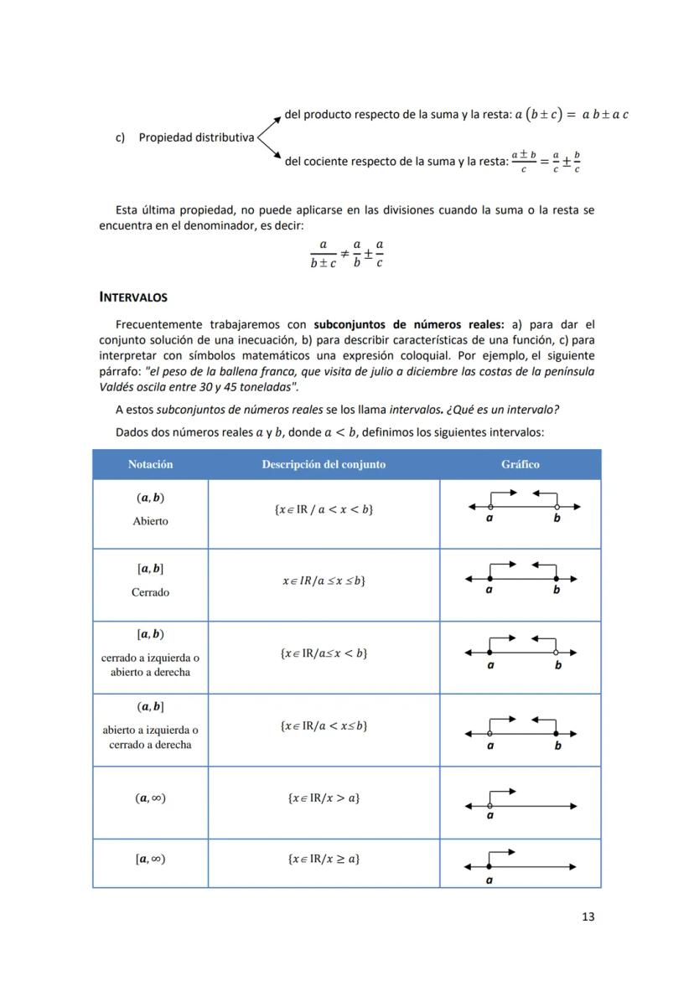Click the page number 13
click(588, 916)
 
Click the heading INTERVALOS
click(133, 297)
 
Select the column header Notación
click(150, 464)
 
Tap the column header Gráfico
click(520, 464)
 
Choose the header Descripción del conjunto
click(324, 464)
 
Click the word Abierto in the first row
click(150, 521)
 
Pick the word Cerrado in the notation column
click(150, 592)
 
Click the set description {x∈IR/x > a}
click(324, 798)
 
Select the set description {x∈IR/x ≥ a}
click(324, 859)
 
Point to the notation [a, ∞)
click(150, 859)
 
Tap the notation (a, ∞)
click(150, 798)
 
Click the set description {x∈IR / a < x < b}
click(324, 509)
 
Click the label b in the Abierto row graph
click(557, 519)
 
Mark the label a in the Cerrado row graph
click(489, 590)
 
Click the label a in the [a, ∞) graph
click(489, 880)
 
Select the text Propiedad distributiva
click(196, 137)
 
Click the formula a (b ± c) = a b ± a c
click(572, 114)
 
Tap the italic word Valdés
click(117, 387)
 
